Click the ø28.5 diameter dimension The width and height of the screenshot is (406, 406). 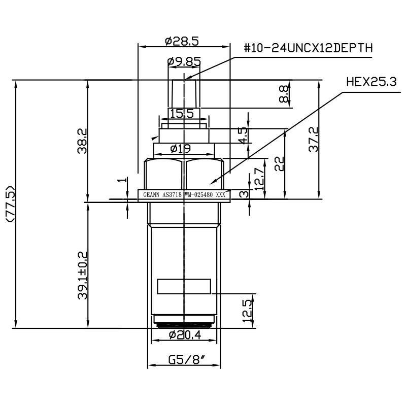pyautogui.click(x=184, y=40)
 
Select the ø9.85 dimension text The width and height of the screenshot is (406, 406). pyautogui.click(x=184, y=62)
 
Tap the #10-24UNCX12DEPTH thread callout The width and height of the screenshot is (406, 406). pyautogui.click(x=309, y=49)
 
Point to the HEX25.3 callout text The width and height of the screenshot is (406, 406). pyautogui.click(x=370, y=82)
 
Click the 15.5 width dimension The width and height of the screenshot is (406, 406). pyautogui.click(x=182, y=114)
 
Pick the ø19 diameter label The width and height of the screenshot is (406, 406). pyautogui.click(x=181, y=149)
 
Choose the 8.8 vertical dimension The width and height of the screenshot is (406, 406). pyautogui.click(x=284, y=94)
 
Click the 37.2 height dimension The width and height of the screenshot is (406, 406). pyautogui.click(x=313, y=140)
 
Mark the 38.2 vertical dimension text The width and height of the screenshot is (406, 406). pyautogui.click(x=82, y=141)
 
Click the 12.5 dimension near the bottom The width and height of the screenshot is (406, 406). pyautogui.click(x=247, y=310)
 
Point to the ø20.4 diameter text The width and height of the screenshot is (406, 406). pyautogui.click(x=184, y=335)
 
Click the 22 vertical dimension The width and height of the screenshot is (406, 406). pyautogui.click(x=279, y=163)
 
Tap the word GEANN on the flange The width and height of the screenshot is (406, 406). pyautogui.click(x=151, y=194)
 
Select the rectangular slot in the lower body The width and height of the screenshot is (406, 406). pyautogui.click(x=184, y=286)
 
